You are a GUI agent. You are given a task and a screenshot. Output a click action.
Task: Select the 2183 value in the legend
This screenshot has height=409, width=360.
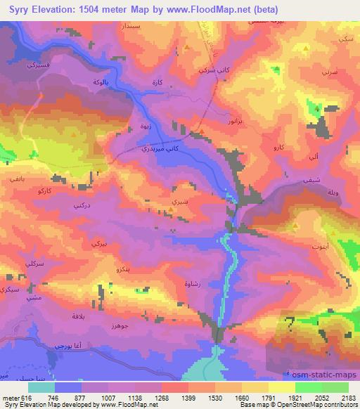click(x=348, y=396)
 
